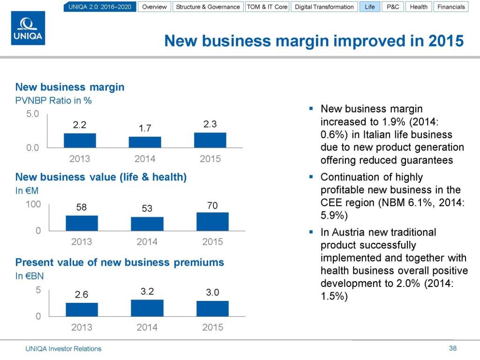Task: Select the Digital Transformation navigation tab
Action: (324, 7)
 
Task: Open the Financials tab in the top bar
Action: (451, 7)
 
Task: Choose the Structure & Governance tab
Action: (208, 7)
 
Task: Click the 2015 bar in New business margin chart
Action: (210, 140)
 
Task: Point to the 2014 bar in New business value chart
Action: (147, 224)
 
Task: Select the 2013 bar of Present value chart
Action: (82, 309)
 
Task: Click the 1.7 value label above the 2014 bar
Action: (145, 128)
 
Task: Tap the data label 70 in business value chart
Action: (212, 205)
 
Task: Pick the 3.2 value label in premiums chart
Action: (147, 291)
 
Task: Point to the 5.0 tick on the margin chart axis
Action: (33, 113)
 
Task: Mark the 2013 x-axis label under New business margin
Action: (80, 159)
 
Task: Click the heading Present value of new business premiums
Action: (120, 262)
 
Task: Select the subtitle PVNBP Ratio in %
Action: (53, 100)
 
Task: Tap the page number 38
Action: (452, 348)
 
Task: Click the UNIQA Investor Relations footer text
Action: (63, 349)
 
